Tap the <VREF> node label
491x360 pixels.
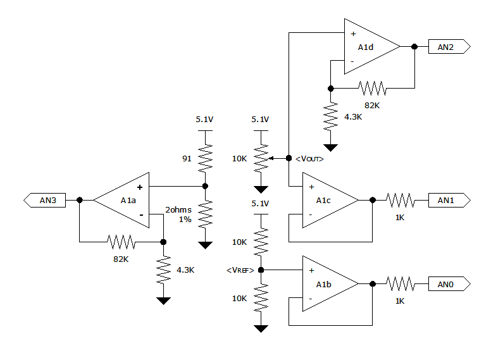240,270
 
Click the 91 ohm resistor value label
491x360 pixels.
187,159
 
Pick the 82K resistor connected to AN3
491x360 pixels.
121,241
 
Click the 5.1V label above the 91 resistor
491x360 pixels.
205,119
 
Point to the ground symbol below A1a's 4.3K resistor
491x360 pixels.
163,301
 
